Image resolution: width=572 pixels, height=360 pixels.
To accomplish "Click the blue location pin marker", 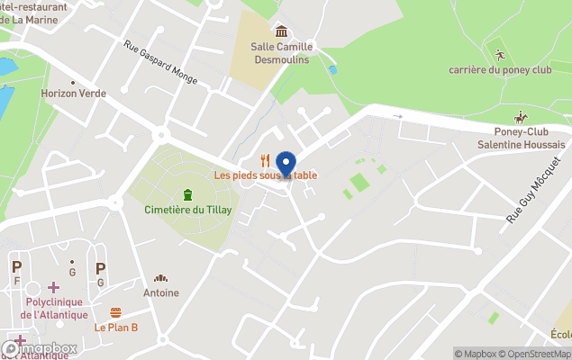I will (286, 165).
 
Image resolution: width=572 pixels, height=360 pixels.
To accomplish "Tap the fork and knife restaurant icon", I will (265, 160).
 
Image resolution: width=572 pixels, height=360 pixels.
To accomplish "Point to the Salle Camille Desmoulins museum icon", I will (281, 31).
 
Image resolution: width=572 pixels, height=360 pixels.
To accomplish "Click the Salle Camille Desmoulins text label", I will (281, 53).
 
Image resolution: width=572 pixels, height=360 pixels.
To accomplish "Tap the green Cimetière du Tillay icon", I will (187, 194).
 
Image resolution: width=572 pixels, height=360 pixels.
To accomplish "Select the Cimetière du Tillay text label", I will (188, 210).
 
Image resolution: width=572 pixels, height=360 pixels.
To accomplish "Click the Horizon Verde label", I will (73, 93).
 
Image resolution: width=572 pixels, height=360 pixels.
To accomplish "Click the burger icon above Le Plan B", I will (116, 312).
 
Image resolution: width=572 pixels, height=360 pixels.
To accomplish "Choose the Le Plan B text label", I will (116, 327).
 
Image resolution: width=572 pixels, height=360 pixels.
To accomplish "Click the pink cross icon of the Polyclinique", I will (54, 287).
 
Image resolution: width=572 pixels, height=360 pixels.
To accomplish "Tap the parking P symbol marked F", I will (16, 267).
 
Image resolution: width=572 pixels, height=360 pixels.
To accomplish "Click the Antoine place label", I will (161, 292).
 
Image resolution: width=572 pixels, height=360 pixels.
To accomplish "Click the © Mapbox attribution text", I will (477, 354).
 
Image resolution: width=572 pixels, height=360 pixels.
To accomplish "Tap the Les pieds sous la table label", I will (265, 175).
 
